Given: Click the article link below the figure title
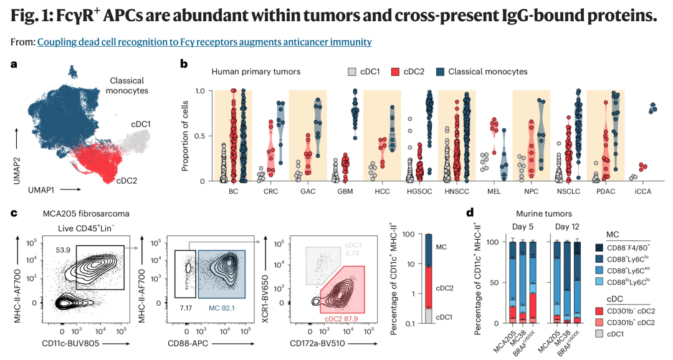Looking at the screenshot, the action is coord(204,42).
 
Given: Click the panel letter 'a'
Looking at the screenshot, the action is coord(14,64).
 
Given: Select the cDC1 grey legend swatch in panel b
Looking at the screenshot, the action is coord(352,72).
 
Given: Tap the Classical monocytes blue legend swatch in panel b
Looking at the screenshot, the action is coord(440,72).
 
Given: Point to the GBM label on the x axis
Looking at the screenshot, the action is coord(345,191).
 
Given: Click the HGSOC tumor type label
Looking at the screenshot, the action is coord(419,191).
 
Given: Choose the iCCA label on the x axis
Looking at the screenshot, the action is coord(642,191).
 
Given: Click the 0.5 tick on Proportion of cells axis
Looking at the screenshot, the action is coord(200,136).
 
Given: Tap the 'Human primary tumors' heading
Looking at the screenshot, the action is coord(256,72).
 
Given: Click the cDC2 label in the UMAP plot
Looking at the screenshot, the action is coord(126,181).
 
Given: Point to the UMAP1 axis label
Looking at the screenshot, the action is coord(42,189).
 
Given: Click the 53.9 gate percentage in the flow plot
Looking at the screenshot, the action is coord(63,249).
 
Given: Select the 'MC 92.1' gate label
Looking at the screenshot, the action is coord(221,308).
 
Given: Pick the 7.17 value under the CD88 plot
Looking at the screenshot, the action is coord(186,308).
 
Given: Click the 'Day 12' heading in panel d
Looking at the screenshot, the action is coord(568,227).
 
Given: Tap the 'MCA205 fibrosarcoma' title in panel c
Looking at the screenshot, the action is coord(86,213).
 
